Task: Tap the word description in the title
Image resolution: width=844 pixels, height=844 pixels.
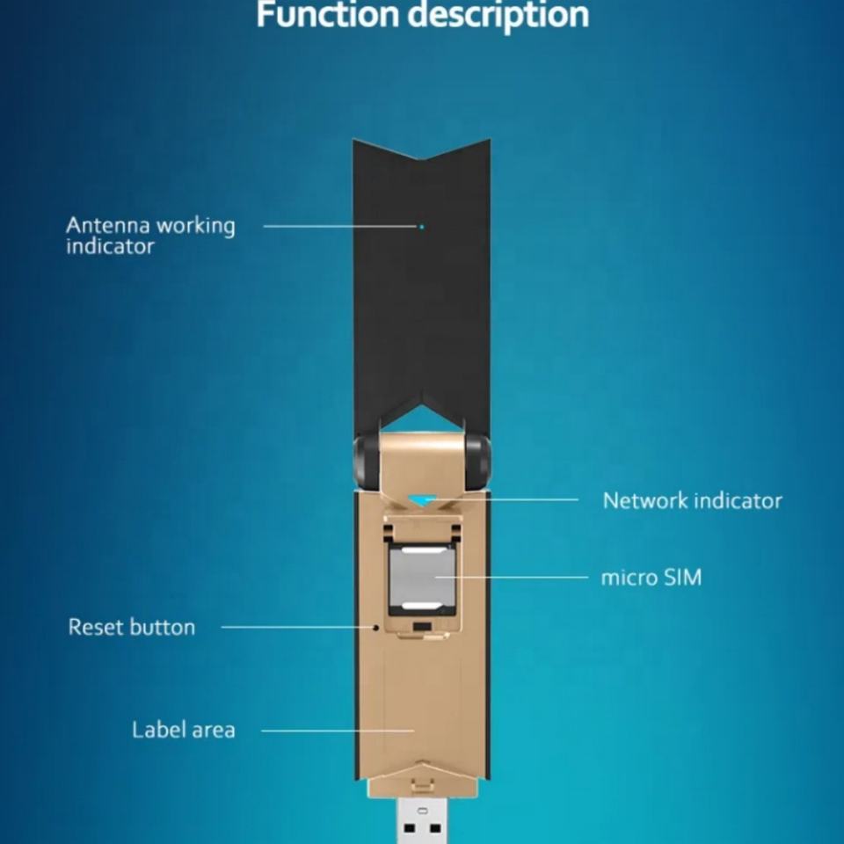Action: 505,15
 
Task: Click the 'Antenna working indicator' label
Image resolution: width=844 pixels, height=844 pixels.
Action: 150,236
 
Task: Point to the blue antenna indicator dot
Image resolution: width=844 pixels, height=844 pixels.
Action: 422,227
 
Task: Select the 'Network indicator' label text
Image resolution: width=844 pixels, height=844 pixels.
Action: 692,500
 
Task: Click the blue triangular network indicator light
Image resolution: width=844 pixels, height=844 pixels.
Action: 423,500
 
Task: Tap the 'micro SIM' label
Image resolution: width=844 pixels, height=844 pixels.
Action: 651,578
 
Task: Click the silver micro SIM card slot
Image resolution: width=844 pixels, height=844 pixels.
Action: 422,577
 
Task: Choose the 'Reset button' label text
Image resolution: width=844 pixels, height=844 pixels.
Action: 132,627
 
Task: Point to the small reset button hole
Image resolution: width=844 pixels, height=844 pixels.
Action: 376,628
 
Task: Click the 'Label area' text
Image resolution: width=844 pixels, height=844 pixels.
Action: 184,730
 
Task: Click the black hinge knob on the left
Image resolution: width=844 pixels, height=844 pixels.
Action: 365,461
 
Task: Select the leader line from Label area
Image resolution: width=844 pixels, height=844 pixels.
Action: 338,731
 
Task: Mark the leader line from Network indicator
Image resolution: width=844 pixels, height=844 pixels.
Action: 519,499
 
